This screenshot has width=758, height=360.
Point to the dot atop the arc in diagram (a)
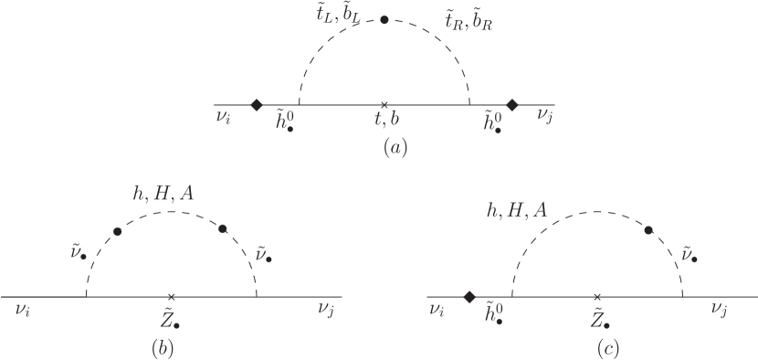(384, 19)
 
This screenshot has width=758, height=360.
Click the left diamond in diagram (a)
(258, 104)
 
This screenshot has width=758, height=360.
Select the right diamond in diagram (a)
(512, 104)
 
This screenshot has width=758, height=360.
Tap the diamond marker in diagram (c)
(469, 297)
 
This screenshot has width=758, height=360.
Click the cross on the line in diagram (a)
(384, 104)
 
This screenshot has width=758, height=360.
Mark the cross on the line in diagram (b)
(172, 297)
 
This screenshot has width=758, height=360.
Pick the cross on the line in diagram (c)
(597, 297)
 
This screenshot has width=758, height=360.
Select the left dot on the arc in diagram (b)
(117, 231)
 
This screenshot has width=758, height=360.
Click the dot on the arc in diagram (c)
(649, 231)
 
